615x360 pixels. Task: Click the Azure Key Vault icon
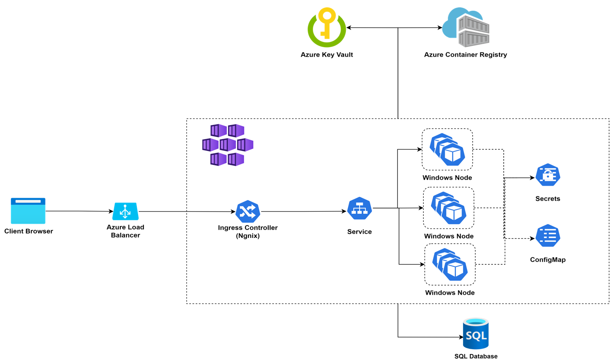coord(326,27)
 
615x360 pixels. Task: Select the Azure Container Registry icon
coord(466,27)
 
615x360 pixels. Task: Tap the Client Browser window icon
coord(28,211)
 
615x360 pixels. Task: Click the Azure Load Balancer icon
coord(125,211)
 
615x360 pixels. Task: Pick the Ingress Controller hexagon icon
coord(248,211)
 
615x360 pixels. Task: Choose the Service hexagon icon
coord(360,208)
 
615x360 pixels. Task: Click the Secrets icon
coord(547,175)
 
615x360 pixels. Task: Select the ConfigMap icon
coord(547,236)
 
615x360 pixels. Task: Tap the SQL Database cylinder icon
coord(476,333)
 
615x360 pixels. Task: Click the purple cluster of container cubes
coord(228,145)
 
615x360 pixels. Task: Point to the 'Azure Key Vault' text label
coord(326,55)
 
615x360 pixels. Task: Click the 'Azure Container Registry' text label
coord(465,55)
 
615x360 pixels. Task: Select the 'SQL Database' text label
coord(476,356)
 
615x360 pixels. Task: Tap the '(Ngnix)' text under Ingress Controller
coord(248,235)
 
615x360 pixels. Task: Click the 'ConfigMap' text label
coord(547,260)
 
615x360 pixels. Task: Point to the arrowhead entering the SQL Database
coord(460,337)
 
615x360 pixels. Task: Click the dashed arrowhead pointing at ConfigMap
coord(532,238)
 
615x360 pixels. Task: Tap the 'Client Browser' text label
coord(29,231)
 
